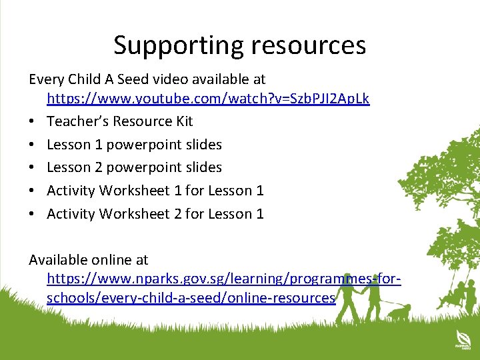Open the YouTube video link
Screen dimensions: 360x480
[208, 99]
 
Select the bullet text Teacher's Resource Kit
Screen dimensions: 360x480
[120, 121]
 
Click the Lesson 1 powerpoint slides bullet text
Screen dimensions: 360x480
[134, 145]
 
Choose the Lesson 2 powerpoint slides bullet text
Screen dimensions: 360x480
[134, 167]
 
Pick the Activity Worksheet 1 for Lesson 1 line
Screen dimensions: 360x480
[155, 191]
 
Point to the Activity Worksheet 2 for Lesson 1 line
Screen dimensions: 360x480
[155, 214]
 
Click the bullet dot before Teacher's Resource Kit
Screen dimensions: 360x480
[33, 122]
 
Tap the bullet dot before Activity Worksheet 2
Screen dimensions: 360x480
[33, 215]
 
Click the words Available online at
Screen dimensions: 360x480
[88, 259]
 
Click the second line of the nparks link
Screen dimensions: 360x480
[191, 298]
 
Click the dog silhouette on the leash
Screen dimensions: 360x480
[399, 310]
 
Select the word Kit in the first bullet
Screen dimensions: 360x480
[183, 121]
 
